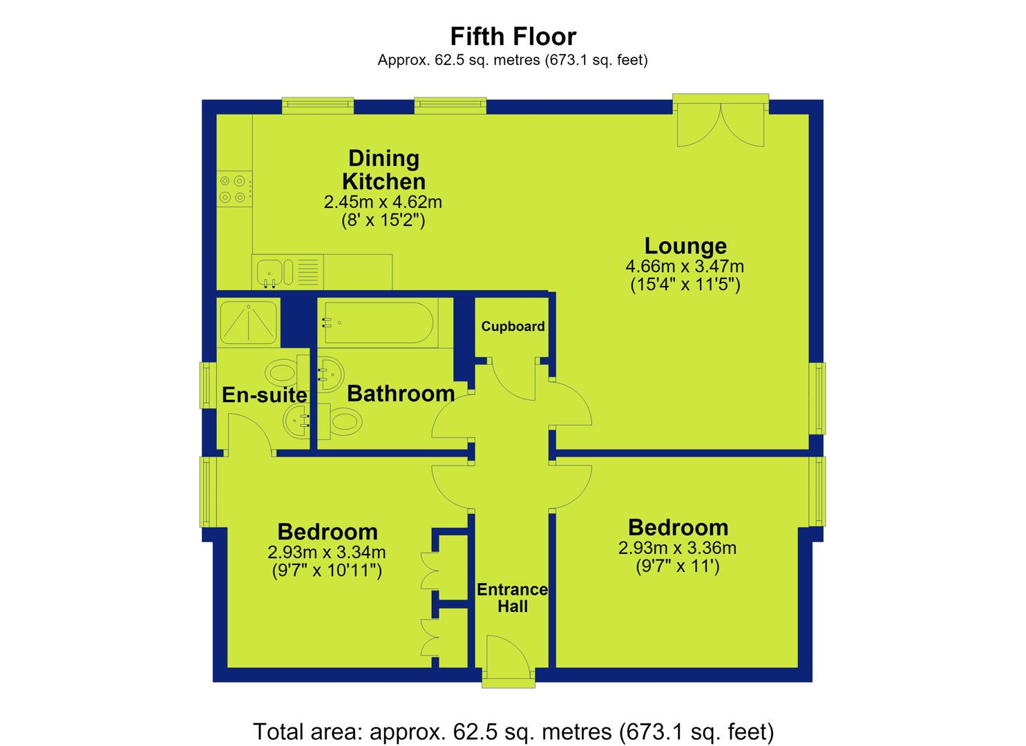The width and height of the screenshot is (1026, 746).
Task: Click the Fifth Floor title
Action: click(x=513, y=37)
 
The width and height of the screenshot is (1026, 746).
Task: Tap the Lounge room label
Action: click(x=685, y=246)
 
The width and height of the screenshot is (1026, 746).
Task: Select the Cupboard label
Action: click(x=513, y=326)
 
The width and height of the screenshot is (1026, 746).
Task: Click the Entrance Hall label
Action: click(x=513, y=597)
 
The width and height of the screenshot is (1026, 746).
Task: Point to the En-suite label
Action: click(x=265, y=394)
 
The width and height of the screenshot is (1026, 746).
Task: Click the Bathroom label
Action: click(x=401, y=394)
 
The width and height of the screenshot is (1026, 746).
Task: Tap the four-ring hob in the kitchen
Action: click(x=234, y=189)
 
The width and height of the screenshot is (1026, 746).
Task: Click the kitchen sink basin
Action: click(x=269, y=273)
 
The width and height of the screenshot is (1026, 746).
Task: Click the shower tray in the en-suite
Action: click(x=249, y=323)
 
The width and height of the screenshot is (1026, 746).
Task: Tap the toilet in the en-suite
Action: click(x=286, y=372)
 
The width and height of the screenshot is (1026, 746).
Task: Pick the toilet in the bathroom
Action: click(x=340, y=421)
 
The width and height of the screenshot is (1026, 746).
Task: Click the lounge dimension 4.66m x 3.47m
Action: click(x=685, y=266)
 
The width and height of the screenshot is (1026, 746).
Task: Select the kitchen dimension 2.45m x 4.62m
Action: click(x=383, y=202)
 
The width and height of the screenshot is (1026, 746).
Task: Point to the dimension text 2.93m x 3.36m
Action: click(x=677, y=548)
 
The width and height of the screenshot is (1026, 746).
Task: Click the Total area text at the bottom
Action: click(x=513, y=731)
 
